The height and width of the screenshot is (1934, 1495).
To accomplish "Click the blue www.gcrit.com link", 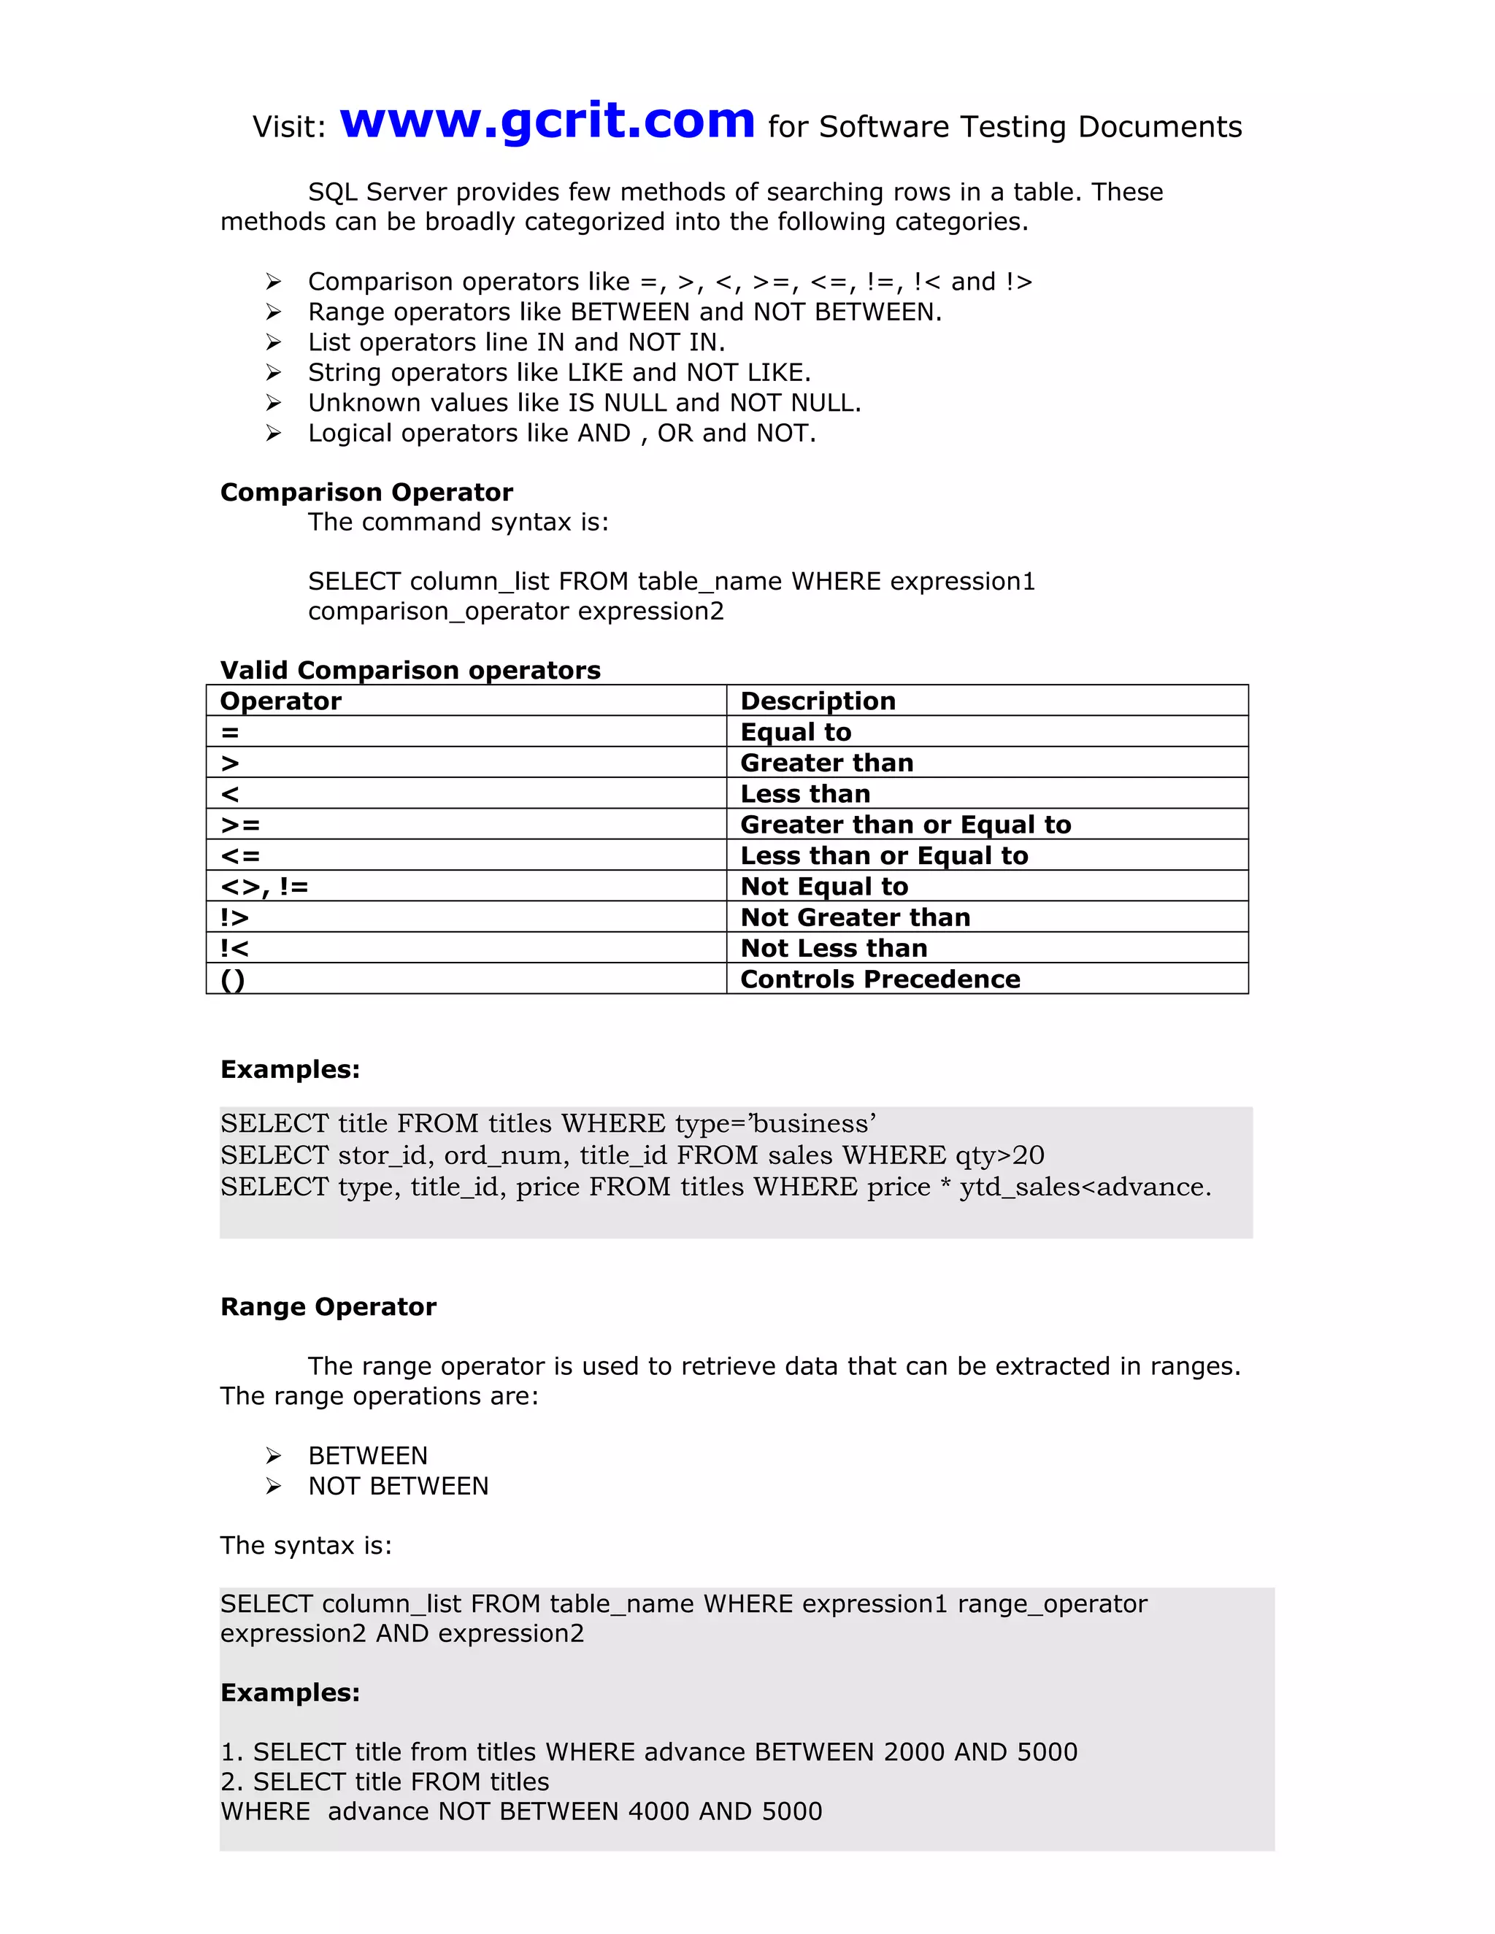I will tap(547, 121).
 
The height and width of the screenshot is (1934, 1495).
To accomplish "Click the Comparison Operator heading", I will tap(366, 493).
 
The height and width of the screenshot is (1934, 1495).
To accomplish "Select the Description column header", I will tap(818, 701).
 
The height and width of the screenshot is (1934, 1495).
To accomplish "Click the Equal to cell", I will tap(796, 731).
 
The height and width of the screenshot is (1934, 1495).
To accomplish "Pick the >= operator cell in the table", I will tap(240, 825).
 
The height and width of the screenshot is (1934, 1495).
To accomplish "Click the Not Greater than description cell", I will tap(855, 917).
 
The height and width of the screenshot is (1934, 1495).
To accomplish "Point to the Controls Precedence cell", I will tap(880, 979).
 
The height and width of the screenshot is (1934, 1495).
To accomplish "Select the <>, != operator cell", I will tap(264, 887).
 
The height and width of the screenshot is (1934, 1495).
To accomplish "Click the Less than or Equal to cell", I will tap(884, 855).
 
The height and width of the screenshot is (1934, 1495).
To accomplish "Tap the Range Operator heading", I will tap(328, 1307).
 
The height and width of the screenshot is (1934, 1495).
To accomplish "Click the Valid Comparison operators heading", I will tap(410, 671).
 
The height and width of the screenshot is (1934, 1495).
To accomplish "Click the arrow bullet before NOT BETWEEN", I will tap(274, 1486).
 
